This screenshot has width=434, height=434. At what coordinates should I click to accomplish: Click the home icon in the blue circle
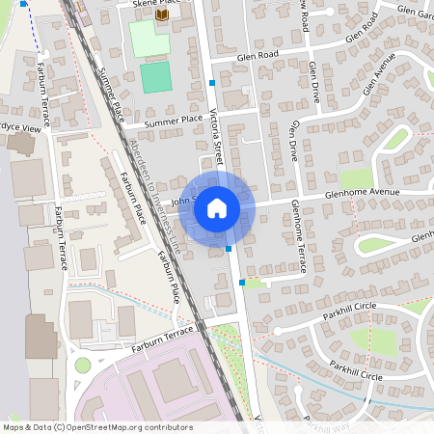click(x=217, y=206)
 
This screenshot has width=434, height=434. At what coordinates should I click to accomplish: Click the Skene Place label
click(x=149, y=5)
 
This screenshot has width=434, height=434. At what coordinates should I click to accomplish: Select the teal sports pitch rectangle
click(x=153, y=78)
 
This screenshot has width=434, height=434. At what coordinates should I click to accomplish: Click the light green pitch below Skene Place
click(x=149, y=39)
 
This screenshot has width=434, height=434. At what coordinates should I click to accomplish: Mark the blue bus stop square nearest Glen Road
click(x=212, y=83)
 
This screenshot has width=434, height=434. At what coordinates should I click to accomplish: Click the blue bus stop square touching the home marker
click(x=229, y=249)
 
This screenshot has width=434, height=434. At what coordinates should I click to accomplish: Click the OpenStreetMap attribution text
click(x=96, y=427)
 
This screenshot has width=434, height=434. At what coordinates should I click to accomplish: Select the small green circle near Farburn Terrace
click(x=83, y=365)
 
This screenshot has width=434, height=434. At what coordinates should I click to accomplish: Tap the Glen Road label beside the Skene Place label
click(x=259, y=57)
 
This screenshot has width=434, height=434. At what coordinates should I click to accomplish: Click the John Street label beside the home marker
click(x=183, y=201)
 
